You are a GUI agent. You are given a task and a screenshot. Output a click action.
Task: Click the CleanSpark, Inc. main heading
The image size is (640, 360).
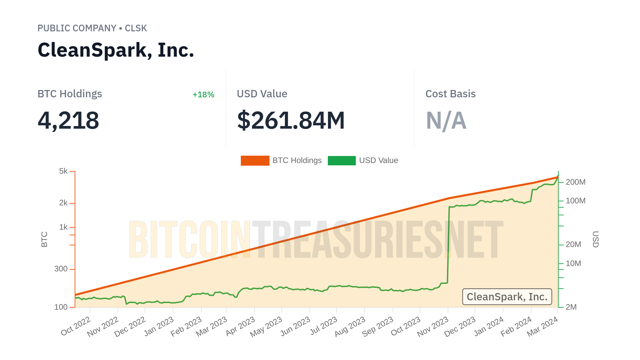(116, 50)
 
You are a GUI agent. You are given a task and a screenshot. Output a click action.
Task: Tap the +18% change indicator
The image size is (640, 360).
(203, 95)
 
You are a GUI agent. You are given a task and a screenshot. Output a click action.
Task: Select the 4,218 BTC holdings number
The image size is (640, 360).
(68, 120)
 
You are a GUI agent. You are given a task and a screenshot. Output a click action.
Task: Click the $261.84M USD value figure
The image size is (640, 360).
(291, 120)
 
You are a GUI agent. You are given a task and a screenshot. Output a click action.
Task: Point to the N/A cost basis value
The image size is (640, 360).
(446, 120)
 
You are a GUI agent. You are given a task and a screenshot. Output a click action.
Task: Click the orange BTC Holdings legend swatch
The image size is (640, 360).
(255, 160)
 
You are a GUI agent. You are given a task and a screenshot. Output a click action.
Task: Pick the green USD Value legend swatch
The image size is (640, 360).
(342, 160)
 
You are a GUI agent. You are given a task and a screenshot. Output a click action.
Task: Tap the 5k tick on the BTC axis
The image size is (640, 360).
(63, 171)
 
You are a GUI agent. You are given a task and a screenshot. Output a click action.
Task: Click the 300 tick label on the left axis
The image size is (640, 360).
(61, 269)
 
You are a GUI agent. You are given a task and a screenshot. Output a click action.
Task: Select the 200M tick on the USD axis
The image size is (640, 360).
(575, 182)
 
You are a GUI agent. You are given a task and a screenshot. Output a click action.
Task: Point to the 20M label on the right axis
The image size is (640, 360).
(573, 244)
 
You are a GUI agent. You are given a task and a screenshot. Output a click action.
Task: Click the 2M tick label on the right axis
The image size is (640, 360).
(571, 307)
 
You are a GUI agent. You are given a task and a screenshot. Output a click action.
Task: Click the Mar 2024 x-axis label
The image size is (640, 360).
(542, 327)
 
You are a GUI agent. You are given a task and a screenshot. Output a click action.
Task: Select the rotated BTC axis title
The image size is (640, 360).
(44, 239)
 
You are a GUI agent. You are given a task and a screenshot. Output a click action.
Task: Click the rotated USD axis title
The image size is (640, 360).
(596, 239)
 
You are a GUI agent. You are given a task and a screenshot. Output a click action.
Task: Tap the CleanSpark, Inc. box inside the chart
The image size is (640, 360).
(507, 297)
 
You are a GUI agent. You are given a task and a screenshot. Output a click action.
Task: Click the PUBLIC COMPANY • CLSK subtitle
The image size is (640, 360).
(92, 28)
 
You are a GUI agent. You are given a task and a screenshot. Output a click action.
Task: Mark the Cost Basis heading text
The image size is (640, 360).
(450, 94)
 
